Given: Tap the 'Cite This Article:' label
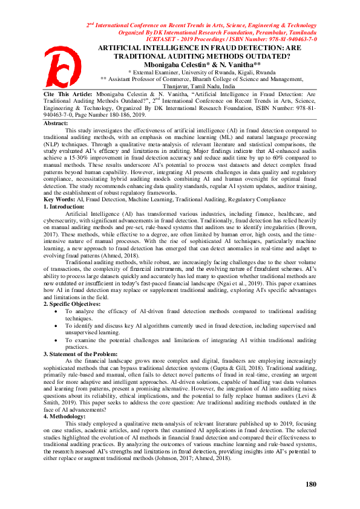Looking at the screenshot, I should point(68,95).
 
